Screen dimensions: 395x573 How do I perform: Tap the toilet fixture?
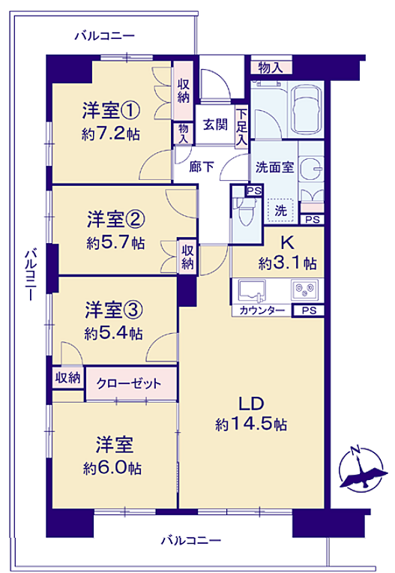tap(243, 211)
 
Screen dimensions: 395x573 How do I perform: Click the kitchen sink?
tap(252, 291)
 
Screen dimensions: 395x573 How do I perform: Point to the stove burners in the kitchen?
tap(304, 289)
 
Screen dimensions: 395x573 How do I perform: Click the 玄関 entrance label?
tap(215, 124)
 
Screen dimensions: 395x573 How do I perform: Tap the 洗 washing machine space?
tap(280, 210)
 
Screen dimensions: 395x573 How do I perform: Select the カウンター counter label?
tap(262, 310)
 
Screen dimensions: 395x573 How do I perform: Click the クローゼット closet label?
tap(128, 383)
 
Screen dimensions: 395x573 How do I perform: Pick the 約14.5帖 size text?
tap(251, 424)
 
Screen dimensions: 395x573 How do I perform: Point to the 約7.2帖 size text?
tap(111, 134)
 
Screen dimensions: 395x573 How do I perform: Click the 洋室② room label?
tap(115, 219)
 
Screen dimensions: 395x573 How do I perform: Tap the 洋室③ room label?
tap(113, 310)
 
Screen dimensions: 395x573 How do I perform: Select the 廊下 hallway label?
tap(202, 166)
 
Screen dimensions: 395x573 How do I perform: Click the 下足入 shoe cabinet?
tap(241, 127)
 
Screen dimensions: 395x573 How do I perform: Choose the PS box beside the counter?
tap(309, 310)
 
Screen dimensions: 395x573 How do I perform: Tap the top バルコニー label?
tap(105, 36)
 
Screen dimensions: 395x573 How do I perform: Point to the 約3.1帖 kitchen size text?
tap(287, 262)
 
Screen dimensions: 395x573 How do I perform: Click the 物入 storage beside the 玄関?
tap(183, 133)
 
